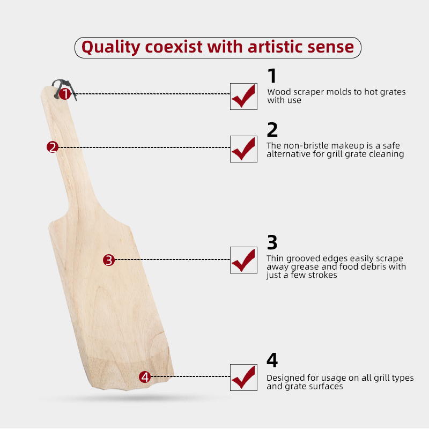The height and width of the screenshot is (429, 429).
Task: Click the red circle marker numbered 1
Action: [x=65, y=94]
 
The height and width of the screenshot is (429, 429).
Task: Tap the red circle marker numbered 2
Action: [x=53, y=147]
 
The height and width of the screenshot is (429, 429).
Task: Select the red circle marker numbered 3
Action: [x=109, y=260]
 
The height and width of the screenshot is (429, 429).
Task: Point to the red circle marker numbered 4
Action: [x=145, y=377]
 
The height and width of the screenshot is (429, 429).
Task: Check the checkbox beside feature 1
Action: [x=243, y=97]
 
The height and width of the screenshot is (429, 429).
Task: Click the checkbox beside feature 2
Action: [x=243, y=149]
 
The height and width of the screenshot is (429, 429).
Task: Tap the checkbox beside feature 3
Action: [x=243, y=260]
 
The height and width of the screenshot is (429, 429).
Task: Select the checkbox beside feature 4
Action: [x=243, y=378]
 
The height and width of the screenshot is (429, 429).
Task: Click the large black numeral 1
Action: [x=272, y=76]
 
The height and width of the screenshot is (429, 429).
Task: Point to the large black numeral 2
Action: [x=272, y=130]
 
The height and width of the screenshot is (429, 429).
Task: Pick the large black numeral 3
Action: [x=272, y=242]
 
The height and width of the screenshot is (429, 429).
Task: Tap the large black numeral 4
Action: [x=272, y=360]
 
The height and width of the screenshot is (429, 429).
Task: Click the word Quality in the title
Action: [x=111, y=47]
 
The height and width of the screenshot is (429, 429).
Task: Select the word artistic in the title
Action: [x=275, y=47]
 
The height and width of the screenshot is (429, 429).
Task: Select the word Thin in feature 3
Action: [x=275, y=258]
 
